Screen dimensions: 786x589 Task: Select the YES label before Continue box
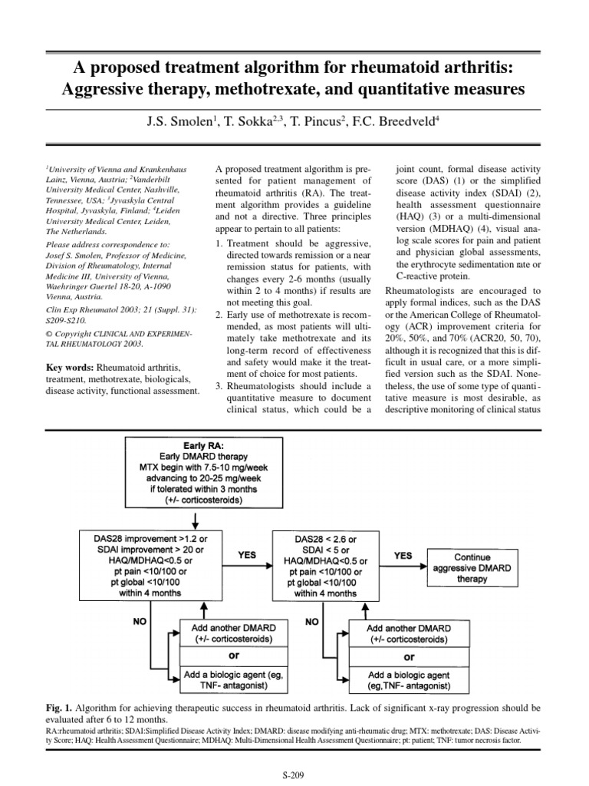click(403, 555)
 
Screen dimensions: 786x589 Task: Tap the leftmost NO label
click(140, 620)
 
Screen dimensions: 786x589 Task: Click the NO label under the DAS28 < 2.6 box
click(311, 620)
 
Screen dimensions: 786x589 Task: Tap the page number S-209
click(294, 775)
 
